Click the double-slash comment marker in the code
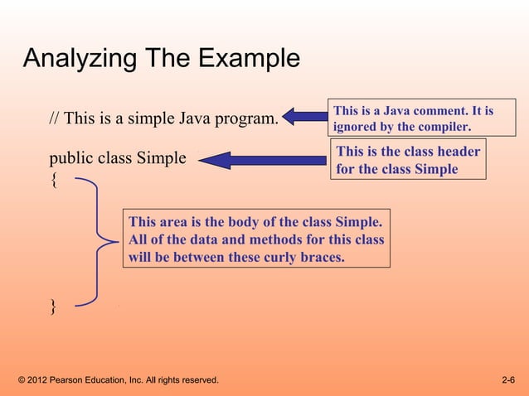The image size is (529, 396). pos(54,118)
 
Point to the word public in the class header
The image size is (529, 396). pos(70,158)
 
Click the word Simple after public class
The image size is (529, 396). pos(163,157)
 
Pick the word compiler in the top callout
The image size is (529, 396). pos(443,128)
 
